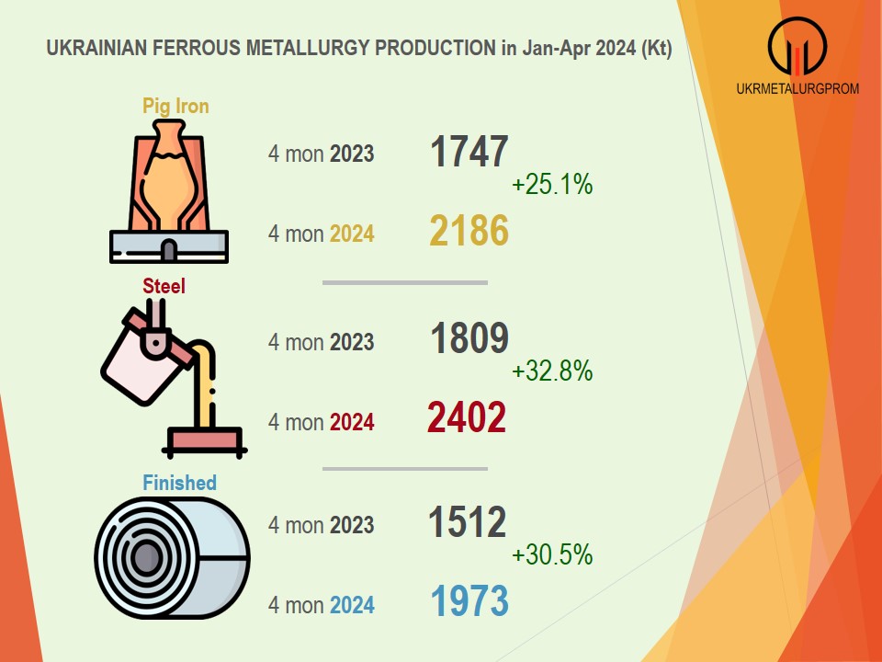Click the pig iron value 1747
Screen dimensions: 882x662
469,152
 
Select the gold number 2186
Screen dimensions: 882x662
469,231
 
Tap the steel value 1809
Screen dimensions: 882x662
469,338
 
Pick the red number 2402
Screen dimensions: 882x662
467,417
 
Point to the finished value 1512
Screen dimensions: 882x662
468,521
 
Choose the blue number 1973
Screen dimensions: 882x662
469,601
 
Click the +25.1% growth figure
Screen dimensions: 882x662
552,184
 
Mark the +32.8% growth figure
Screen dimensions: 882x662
552,371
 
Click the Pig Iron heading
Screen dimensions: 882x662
175,107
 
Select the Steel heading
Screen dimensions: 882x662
164,286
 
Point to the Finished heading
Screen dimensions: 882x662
179,483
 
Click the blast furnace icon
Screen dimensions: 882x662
169,191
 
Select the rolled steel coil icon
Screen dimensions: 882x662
172,558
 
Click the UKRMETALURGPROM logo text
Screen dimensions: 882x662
797,88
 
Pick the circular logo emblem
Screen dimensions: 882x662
797,46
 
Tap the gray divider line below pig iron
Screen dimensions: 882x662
405,282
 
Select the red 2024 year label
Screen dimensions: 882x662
352,422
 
